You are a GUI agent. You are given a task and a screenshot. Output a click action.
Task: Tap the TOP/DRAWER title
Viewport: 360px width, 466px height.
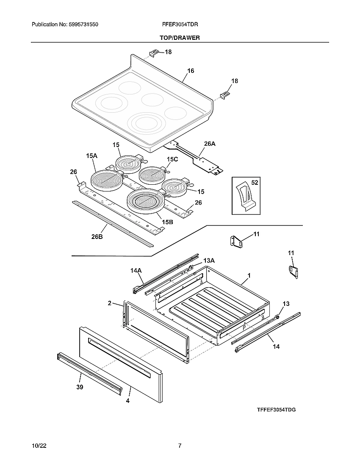180,38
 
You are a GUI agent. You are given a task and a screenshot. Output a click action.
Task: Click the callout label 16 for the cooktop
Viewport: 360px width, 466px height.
191,71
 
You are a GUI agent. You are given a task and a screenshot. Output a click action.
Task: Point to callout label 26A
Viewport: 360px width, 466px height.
210,144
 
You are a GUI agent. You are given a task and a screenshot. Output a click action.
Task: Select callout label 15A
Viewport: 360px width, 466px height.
91,156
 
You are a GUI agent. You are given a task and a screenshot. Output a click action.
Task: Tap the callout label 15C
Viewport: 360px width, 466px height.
172,159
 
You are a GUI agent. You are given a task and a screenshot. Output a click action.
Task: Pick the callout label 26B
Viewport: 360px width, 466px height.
97,236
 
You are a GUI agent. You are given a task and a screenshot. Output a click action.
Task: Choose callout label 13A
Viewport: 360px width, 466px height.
209,260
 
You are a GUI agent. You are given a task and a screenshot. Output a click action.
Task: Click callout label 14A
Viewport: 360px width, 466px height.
136,269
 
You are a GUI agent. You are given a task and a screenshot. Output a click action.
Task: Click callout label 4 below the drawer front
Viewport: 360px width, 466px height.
127,400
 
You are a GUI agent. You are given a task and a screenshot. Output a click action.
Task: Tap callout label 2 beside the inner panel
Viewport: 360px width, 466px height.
109,303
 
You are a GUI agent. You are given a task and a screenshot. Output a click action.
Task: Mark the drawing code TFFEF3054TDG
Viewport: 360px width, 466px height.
276,410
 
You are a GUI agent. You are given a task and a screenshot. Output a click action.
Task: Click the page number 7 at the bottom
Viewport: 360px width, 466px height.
180,446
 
